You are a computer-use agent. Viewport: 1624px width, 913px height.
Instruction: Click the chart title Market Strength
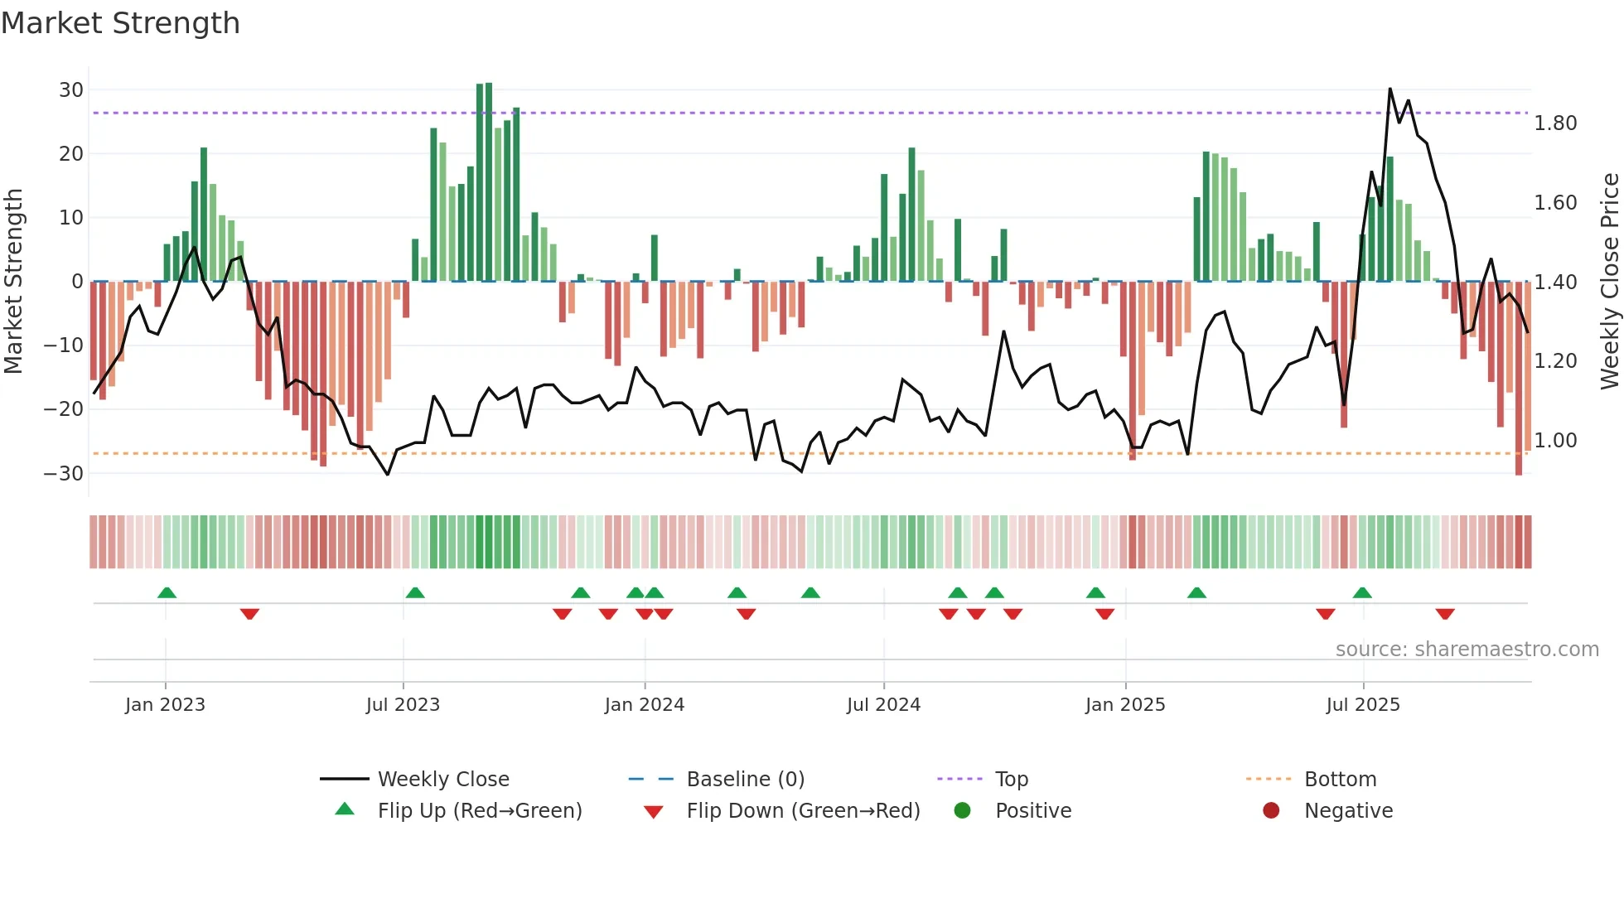pyautogui.click(x=120, y=23)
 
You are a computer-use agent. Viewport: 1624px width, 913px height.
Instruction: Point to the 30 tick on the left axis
pyautogui.click(x=71, y=89)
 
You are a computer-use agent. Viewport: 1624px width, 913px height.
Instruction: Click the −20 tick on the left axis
pyautogui.click(x=64, y=408)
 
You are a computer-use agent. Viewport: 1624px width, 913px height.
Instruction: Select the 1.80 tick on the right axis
pyautogui.click(x=1555, y=123)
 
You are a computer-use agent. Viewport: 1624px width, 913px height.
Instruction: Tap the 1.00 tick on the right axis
pyautogui.click(x=1555, y=441)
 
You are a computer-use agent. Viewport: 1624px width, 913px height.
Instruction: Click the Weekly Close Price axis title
pyautogui.click(x=1609, y=281)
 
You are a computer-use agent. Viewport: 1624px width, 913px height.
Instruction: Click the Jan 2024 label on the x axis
pyautogui.click(x=644, y=705)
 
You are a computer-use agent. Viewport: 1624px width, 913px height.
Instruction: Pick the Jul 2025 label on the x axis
pyautogui.click(x=1362, y=705)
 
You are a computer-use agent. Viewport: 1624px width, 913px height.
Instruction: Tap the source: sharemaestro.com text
pyautogui.click(x=1467, y=650)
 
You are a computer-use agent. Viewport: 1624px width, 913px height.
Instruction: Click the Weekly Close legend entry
pyautogui.click(x=442, y=780)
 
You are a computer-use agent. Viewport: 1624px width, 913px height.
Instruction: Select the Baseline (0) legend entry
pyautogui.click(x=745, y=780)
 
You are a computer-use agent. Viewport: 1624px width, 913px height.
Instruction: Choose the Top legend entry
pyautogui.click(x=1011, y=780)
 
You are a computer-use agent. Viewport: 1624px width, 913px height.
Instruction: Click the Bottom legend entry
pyautogui.click(x=1340, y=780)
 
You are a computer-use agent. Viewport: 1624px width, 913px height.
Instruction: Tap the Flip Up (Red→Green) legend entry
pyautogui.click(x=479, y=811)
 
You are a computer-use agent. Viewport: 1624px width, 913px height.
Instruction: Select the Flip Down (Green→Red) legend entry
pyautogui.click(x=802, y=811)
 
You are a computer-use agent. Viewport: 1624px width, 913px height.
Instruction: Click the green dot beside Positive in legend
pyautogui.click(x=962, y=810)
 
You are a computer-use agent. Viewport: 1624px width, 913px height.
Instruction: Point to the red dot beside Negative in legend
pyautogui.click(x=1271, y=810)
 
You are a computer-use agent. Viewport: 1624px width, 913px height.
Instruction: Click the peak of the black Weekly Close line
pyautogui.click(x=1390, y=89)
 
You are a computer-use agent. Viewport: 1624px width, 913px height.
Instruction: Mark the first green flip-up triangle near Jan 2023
pyautogui.click(x=167, y=593)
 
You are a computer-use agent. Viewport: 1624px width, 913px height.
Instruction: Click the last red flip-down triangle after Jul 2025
pyautogui.click(x=1445, y=614)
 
